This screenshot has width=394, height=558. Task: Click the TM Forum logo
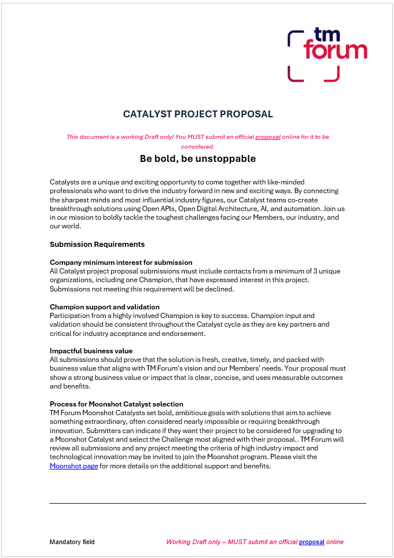coord(327,54)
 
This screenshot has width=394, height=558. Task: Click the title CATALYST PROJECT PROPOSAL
coord(198,114)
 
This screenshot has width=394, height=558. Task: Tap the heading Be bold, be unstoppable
coord(198,158)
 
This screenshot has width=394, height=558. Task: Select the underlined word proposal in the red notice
coord(268,137)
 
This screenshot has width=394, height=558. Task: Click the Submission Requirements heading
coord(97,244)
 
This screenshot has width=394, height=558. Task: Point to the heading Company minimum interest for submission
coord(121,263)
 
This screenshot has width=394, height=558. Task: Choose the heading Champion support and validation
coord(105,306)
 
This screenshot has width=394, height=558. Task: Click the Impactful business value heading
coord(91,351)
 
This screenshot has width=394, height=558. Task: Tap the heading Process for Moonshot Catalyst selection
coord(116,404)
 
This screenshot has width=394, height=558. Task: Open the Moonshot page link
coord(74,466)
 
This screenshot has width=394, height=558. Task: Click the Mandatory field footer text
coord(72,542)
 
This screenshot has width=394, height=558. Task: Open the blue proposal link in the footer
coord(311,542)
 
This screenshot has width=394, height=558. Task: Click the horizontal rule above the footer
coord(208,503)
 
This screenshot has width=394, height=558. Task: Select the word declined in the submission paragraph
coord(220,289)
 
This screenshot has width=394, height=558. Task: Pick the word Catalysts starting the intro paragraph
coord(65,182)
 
